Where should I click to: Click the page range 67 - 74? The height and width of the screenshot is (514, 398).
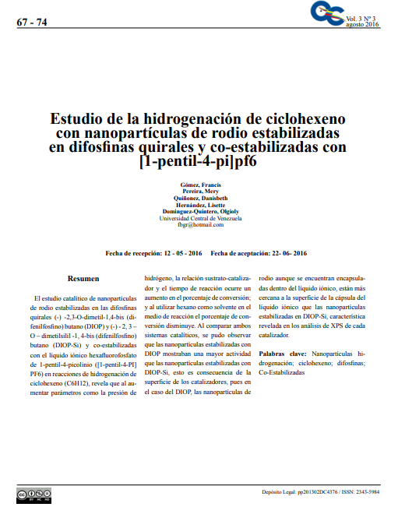pos(32,23)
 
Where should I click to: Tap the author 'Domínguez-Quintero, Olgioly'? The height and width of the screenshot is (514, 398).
pos(199,212)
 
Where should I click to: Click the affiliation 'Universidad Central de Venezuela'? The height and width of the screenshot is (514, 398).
pos(199,218)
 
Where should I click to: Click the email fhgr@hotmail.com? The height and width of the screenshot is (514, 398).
pos(199,225)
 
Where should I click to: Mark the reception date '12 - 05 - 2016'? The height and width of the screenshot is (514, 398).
pos(183,253)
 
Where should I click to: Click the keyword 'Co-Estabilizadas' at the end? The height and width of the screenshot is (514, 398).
pos(282,372)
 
